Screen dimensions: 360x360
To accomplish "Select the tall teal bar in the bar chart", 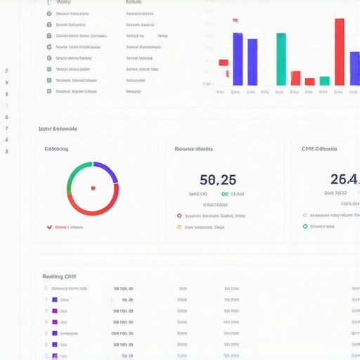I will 281,59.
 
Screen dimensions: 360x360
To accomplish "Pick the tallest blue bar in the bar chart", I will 238,59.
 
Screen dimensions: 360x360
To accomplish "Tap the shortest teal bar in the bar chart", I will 324,81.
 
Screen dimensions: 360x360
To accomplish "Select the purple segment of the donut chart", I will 107,172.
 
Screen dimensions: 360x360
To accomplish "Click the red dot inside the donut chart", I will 93,188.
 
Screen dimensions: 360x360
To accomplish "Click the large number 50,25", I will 217,179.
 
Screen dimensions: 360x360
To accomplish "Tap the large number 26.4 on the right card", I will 345,179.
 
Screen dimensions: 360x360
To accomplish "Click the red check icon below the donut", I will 49,227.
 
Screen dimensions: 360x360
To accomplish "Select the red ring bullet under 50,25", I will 179,216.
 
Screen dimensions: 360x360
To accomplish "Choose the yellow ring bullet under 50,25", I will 179,227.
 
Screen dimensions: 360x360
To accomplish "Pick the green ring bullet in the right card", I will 304,226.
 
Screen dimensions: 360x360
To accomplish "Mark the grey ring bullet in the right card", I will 304,215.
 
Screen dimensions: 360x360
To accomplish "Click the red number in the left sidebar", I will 6,71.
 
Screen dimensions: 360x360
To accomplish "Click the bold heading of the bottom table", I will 59,276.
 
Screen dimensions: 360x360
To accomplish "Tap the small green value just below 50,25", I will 225,193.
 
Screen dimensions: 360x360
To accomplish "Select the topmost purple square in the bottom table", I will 55,299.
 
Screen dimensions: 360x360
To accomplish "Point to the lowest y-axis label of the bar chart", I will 207,84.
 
